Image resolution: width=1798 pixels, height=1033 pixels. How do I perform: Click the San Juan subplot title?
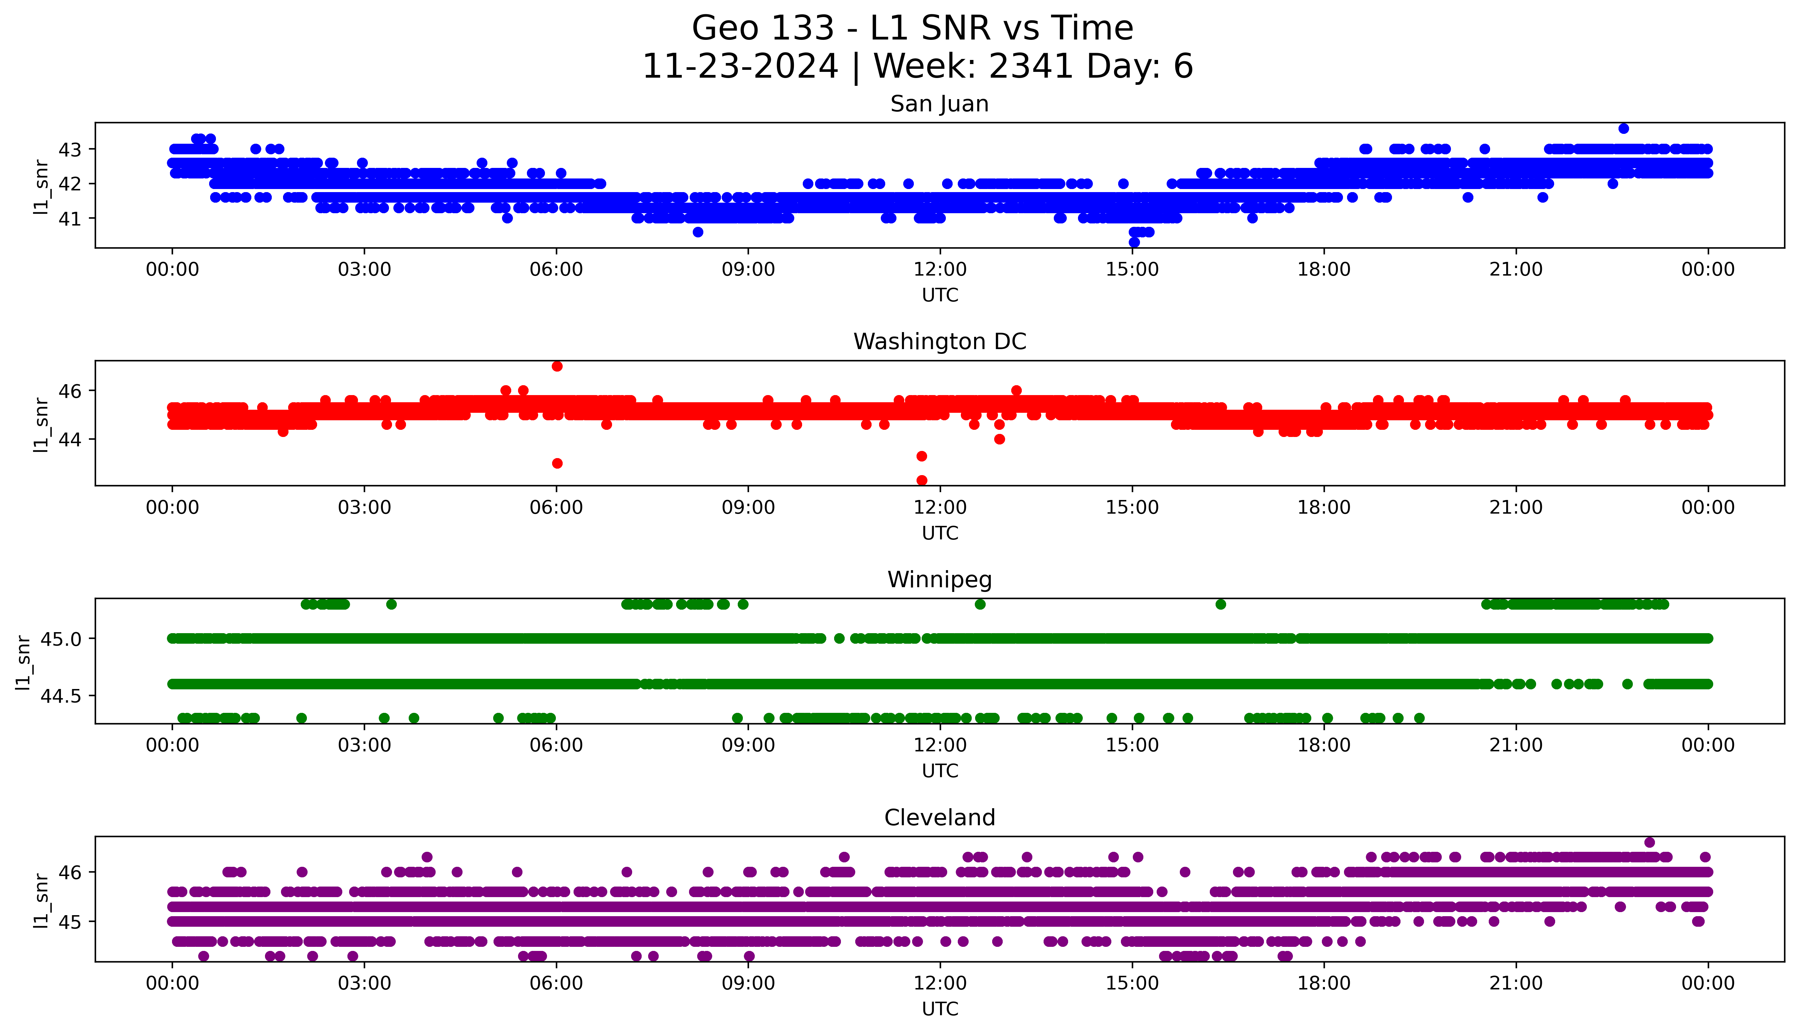click(939, 104)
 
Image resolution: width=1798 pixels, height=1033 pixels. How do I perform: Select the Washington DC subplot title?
click(939, 342)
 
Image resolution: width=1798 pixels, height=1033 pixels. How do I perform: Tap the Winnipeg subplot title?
click(939, 580)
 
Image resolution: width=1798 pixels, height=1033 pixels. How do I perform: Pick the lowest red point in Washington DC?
click(921, 480)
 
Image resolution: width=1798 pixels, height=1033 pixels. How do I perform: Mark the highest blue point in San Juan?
click(1624, 128)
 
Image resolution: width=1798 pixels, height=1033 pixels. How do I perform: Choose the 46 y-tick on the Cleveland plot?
click(71, 872)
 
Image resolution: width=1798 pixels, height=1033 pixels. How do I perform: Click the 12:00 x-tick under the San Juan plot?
click(940, 270)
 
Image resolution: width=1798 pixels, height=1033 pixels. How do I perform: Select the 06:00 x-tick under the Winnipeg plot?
click(556, 746)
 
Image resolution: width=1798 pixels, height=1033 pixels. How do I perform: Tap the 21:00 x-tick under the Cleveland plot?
click(1516, 983)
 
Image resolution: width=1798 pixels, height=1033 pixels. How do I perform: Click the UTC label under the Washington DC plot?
click(940, 533)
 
